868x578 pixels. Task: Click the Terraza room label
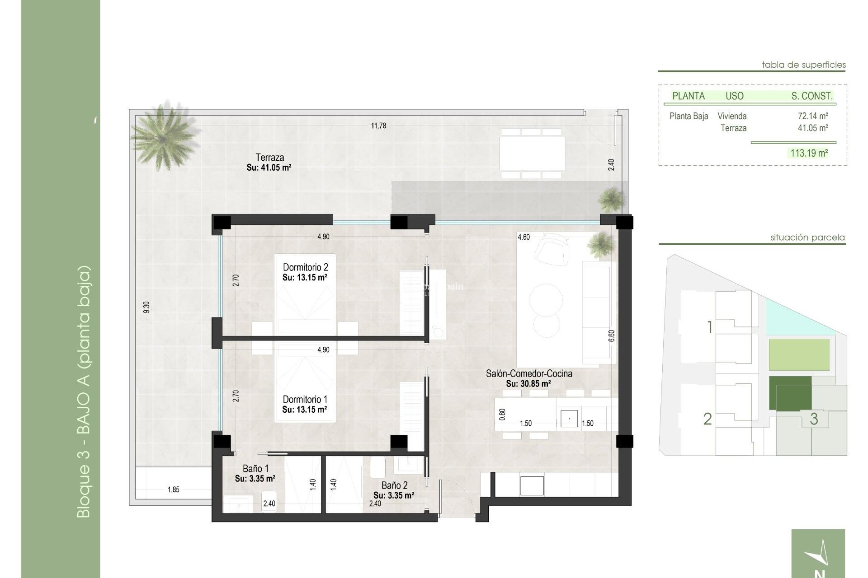[269, 158]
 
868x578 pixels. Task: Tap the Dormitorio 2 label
[305, 267]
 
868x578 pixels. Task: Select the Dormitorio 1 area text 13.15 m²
[305, 410]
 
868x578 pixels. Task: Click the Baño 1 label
[256, 469]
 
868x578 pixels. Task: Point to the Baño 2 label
[394, 485]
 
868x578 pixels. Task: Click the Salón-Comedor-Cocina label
[529, 373]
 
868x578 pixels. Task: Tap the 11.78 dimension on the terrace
[378, 126]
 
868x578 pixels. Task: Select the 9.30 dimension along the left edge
[146, 307]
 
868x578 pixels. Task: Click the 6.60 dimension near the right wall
[612, 336]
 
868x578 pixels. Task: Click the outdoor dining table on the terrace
[532, 154]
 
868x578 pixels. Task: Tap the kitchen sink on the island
[569, 419]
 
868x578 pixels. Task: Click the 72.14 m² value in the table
[812, 116]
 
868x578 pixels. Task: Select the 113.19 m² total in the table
[809, 153]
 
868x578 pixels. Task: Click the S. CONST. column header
[811, 96]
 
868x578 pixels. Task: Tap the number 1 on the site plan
[710, 327]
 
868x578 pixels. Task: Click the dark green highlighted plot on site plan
[790, 393]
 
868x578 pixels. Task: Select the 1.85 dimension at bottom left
[174, 489]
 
